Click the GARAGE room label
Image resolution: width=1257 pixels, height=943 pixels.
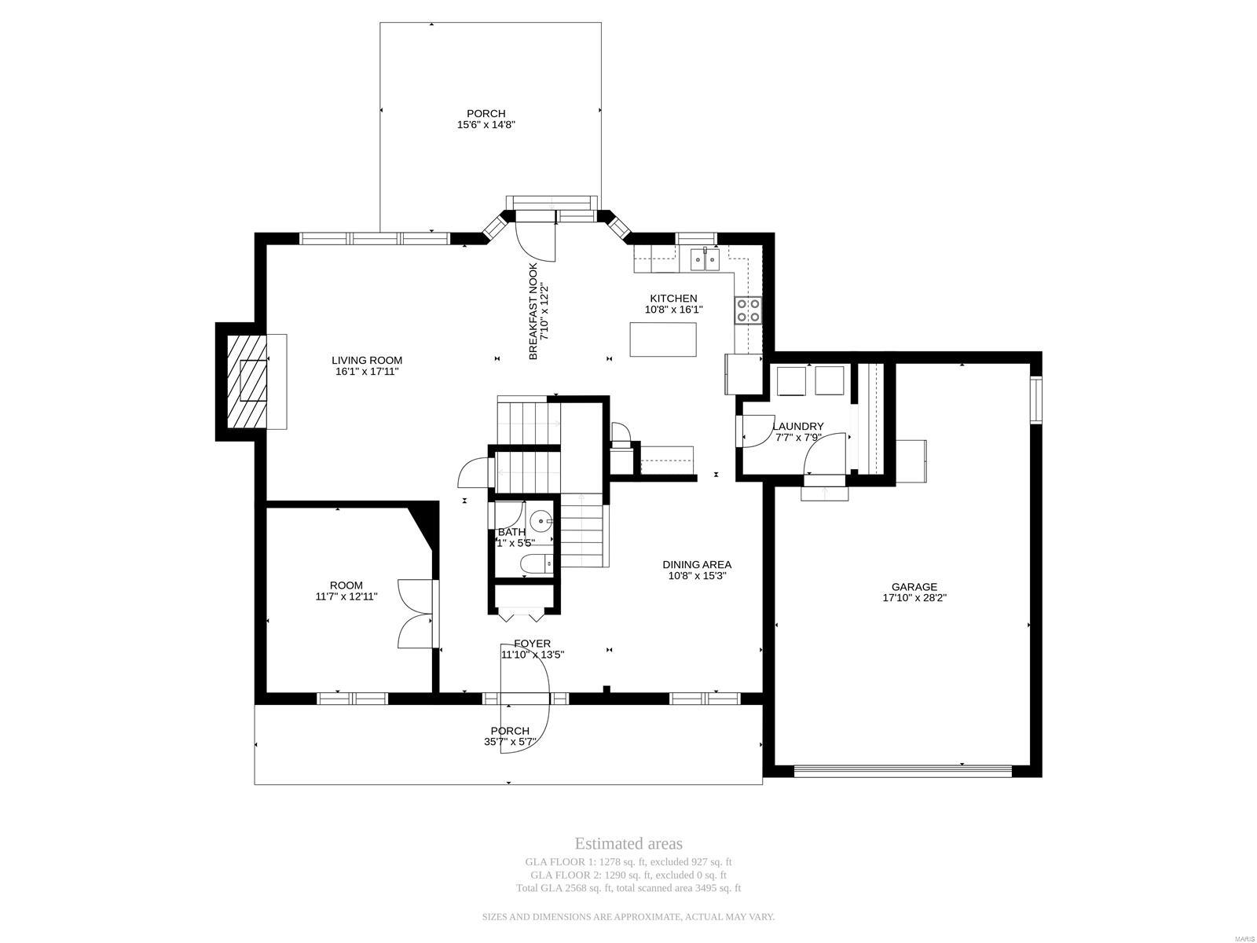[x=914, y=586]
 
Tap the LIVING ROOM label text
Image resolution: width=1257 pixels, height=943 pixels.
[x=367, y=361]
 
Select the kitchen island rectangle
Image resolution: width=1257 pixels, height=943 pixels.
[x=663, y=339]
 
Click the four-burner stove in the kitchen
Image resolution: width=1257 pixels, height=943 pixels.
[x=747, y=310]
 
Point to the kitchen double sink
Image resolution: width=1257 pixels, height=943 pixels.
[x=705, y=259]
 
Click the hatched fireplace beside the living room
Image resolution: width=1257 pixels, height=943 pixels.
[x=247, y=381]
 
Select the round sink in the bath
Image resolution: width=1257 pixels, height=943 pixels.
[x=542, y=520]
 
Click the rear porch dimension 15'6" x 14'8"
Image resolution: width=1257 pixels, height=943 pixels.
[x=486, y=125]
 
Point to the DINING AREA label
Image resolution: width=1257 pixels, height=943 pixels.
[x=696, y=564]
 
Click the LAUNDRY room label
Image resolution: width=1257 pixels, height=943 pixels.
[x=797, y=426]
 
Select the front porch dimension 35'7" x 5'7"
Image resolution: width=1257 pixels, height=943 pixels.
[x=510, y=742]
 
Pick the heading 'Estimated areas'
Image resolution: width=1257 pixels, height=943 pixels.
[x=628, y=844]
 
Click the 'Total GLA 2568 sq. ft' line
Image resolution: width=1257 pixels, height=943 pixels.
[x=628, y=888]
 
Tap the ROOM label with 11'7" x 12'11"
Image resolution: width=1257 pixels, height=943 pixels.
[x=346, y=585]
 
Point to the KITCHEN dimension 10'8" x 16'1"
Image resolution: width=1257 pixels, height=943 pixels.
[x=673, y=310]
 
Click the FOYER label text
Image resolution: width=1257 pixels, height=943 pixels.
[x=532, y=644]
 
